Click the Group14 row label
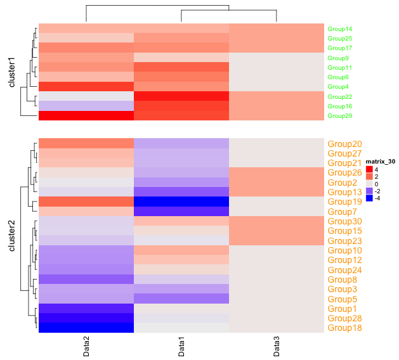(340, 29)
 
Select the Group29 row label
(340, 116)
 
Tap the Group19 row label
(344, 202)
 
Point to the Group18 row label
(344, 328)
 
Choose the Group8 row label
(342, 280)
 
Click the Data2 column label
(86, 347)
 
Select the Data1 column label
(181, 347)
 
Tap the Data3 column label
(277, 347)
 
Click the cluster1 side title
(11, 72)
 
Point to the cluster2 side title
(11, 236)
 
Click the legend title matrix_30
(381, 162)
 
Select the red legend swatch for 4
(369, 170)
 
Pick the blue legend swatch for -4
(369, 198)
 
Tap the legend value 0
(376, 184)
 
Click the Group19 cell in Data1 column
(181, 202)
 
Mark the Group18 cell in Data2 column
(86, 328)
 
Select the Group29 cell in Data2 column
(86, 116)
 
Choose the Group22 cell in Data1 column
(181, 96)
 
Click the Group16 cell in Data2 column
(86, 106)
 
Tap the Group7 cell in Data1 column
(181, 211)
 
